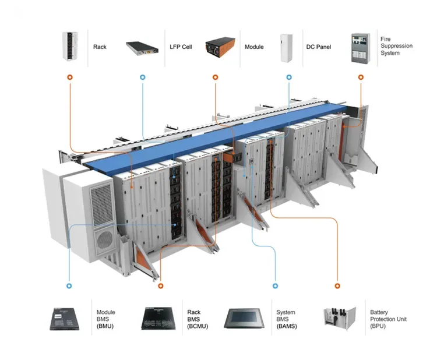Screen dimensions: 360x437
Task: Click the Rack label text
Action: coord(99,47)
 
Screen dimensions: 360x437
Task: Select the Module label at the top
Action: coord(254,47)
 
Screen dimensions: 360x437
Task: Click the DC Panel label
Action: coord(319,47)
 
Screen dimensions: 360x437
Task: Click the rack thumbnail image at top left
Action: coord(70,47)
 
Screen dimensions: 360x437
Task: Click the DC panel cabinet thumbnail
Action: coord(287,47)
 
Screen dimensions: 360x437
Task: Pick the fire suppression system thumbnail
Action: coord(360,48)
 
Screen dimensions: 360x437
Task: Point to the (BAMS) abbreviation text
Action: coord(286,326)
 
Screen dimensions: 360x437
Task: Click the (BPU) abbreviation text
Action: coord(378,326)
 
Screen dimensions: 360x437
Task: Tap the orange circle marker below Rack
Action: coord(70,77)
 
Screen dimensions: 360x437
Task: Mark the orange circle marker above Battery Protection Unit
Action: coord(336,286)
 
